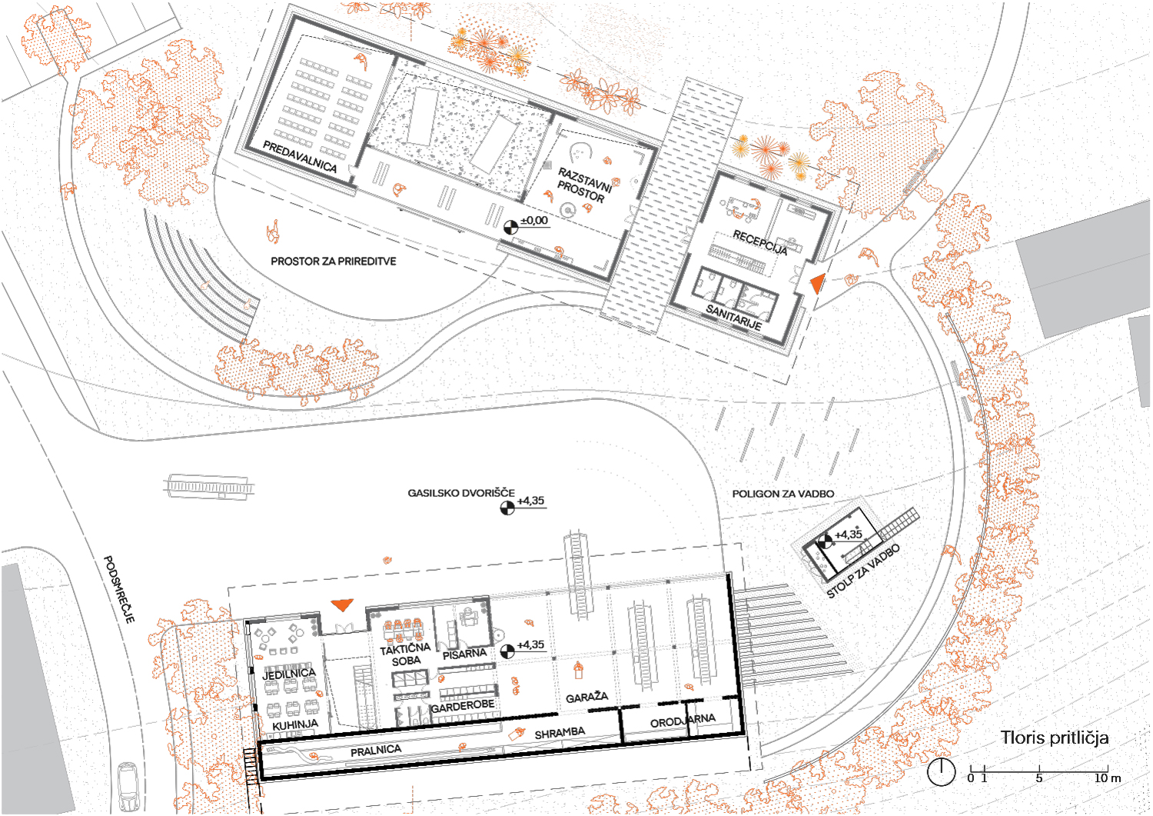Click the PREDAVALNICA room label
coord(300,156)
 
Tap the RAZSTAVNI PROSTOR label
coord(583,185)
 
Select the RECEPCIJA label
coord(759,242)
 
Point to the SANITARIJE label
coord(733,318)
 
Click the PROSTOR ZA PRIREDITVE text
coord(334,261)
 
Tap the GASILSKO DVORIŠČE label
coord(460,493)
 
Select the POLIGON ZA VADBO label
coord(783,494)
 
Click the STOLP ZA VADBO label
coord(863,571)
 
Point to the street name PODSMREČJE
coord(119,589)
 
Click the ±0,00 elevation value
coord(534,221)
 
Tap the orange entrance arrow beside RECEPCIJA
coord(817,284)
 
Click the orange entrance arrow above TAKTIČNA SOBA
coord(342,605)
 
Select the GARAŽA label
coord(586,698)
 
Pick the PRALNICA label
coord(376,751)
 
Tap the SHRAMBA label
coord(560,733)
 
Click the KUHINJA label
coord(295,724)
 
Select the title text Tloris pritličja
coord(1054,738)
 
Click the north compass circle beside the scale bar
coord(941,772)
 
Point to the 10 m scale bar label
coord(1107,778)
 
